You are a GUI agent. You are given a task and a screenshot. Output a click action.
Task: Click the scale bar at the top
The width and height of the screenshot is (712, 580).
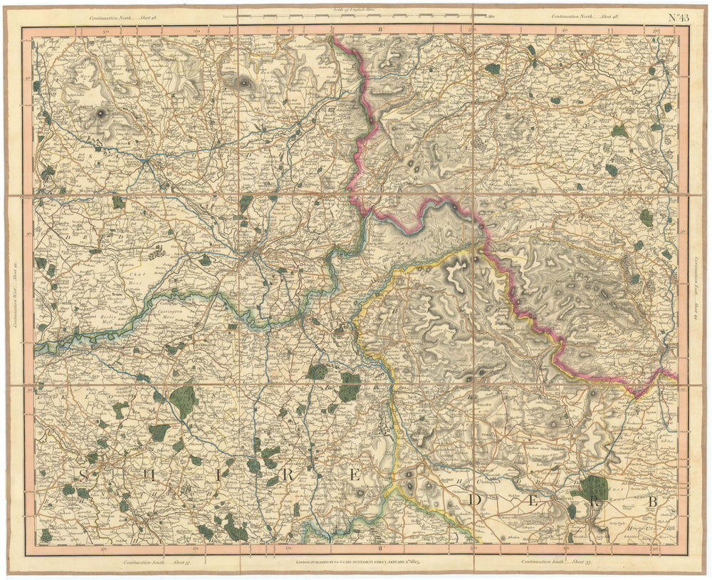[355, 16]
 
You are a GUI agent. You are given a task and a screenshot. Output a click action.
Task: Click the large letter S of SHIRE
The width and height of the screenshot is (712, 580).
[84, 474]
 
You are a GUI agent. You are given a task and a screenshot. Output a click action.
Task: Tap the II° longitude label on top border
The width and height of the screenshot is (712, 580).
[381, 31]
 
